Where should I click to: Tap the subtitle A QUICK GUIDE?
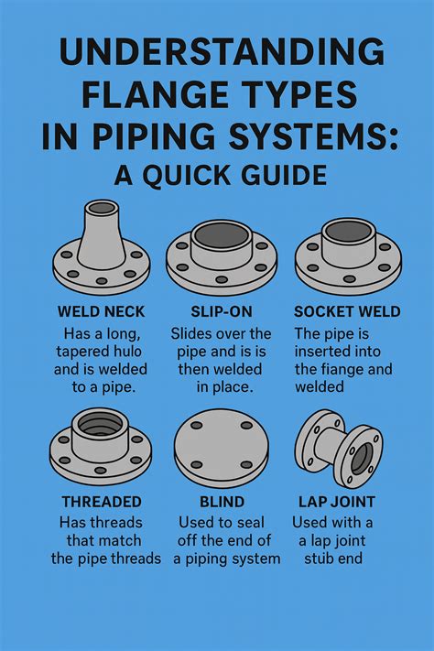coord(217,174)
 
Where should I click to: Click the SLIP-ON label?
coord(222,312)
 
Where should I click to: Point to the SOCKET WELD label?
coord(347,312)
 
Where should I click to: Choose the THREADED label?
coord(101,502)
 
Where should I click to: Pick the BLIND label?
coord(221,502)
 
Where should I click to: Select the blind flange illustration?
coord(221,449)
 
